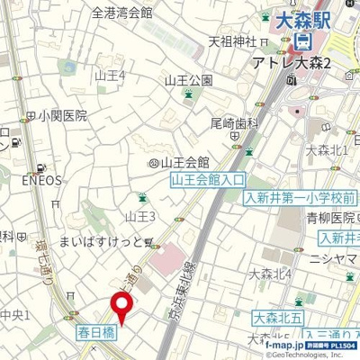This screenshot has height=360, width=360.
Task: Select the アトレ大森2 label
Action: (301, 62)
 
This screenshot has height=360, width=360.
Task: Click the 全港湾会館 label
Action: (122, 13)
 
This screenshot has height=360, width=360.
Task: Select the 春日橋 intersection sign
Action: (93, 331)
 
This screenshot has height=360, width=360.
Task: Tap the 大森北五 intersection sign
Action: (275, 317)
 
